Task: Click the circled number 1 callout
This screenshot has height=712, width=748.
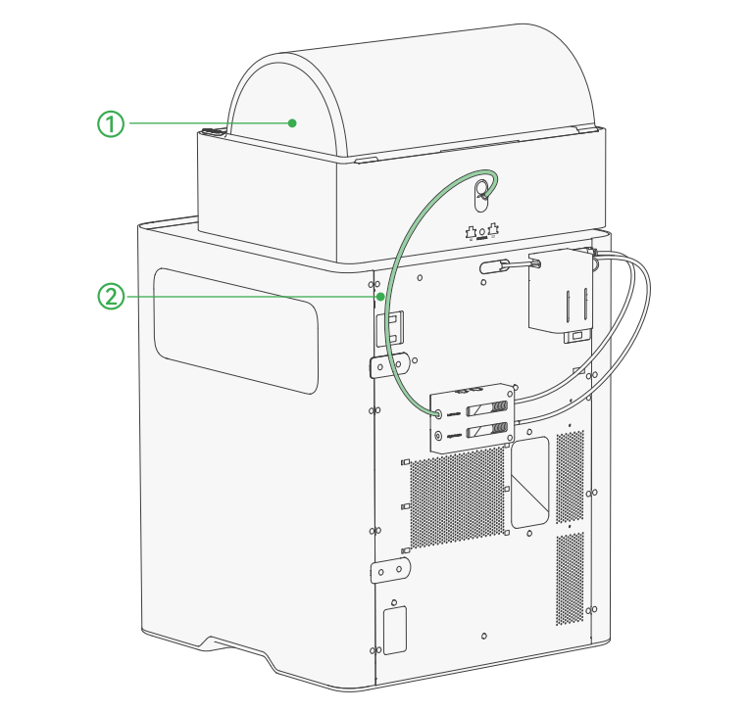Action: [111, 123]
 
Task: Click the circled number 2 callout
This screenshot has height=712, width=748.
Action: [111, 297]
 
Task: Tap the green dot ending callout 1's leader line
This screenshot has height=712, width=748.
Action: [292, 123]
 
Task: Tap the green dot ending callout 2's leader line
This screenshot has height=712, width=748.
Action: [380, 297]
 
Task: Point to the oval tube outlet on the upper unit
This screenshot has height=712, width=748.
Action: [481, 196]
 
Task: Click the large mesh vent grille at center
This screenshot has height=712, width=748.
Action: [457, 498]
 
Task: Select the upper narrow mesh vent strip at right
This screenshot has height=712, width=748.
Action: [570, 477]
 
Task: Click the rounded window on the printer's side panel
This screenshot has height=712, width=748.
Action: [236, 331]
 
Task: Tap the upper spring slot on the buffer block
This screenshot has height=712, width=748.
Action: [486, 408]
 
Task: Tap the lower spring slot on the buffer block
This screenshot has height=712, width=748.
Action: [486, 430]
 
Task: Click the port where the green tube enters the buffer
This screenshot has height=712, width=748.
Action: [438, 413]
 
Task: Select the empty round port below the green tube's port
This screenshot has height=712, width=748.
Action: [438, 435]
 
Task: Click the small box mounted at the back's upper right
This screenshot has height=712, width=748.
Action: [561, 291]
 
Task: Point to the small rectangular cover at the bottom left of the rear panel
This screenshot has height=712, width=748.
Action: [395, 630]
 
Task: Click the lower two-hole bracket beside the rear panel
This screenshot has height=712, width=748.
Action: [390, 570]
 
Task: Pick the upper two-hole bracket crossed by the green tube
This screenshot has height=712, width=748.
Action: [390, 365]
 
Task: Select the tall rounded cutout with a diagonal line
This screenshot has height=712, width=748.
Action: [529, 483]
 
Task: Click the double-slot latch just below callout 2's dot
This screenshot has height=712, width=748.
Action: [390, 328]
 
